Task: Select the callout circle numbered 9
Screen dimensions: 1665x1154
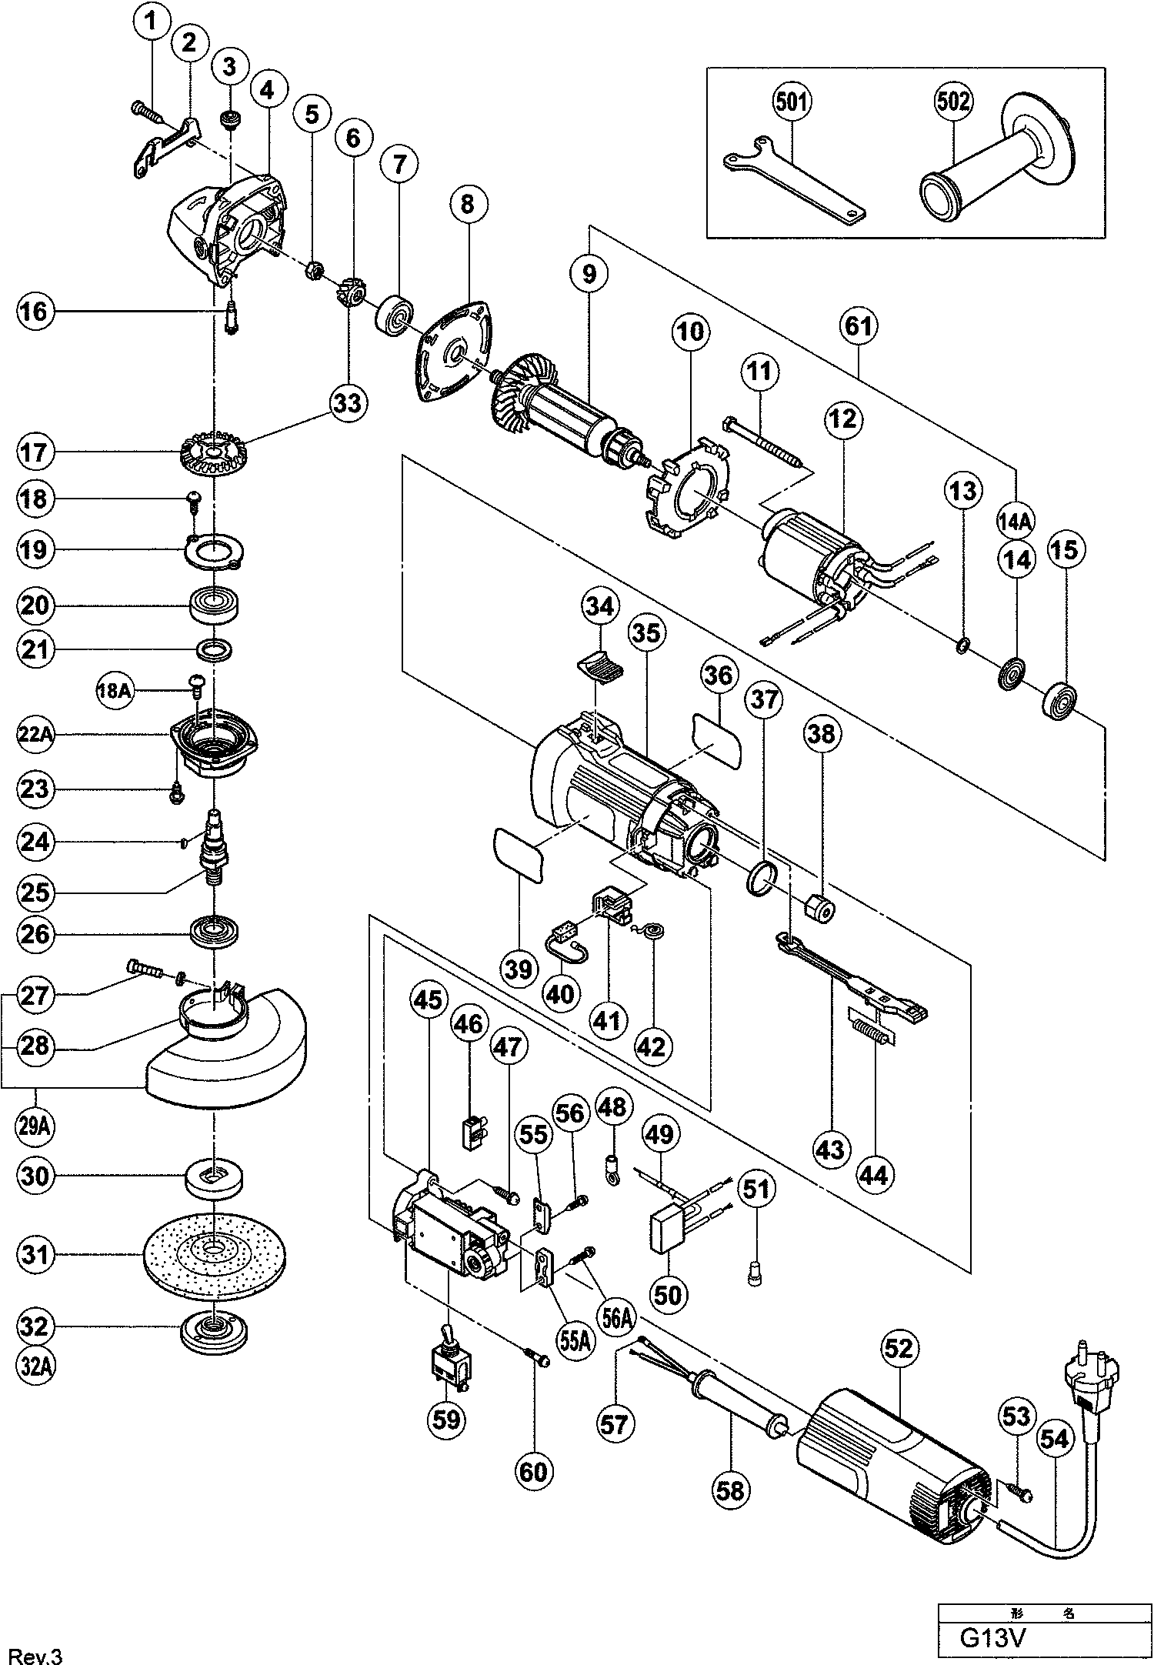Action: coord(589,273)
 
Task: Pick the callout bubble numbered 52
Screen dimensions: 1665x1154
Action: coord(898,1347)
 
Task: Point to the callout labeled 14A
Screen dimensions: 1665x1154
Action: coord(1015,521)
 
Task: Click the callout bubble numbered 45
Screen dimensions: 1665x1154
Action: coord(429,999)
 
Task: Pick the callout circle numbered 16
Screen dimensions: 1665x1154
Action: coord(35,312)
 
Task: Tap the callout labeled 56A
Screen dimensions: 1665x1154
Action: coord(618,1318)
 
